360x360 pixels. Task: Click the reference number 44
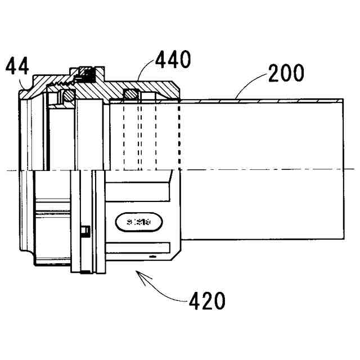pyautogui.click(x=17, y=67)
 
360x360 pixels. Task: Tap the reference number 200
pyautogui.click(x=285, y=74)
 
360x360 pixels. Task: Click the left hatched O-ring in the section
pyautogui.click(x=67, y=97)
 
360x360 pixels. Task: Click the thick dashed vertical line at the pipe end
pyautogui.click(x=179, y=135)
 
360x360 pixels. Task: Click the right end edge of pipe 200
pyautogui.click(x=343, y=169)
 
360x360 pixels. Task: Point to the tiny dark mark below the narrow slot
pyautogui.click(x=151, y=256)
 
